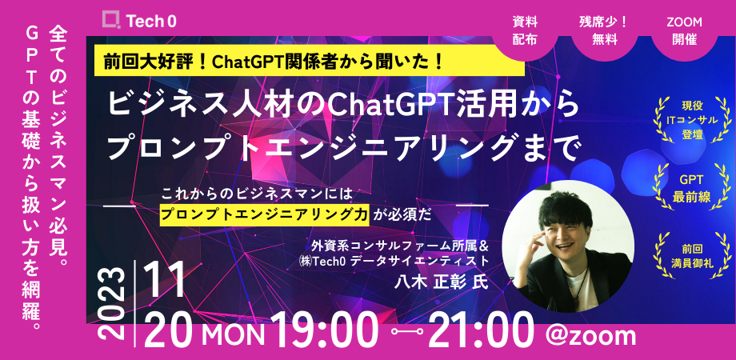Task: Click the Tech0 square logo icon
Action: (112, 19)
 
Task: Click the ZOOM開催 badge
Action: (681, 30)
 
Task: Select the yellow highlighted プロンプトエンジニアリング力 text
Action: (264, 214)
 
